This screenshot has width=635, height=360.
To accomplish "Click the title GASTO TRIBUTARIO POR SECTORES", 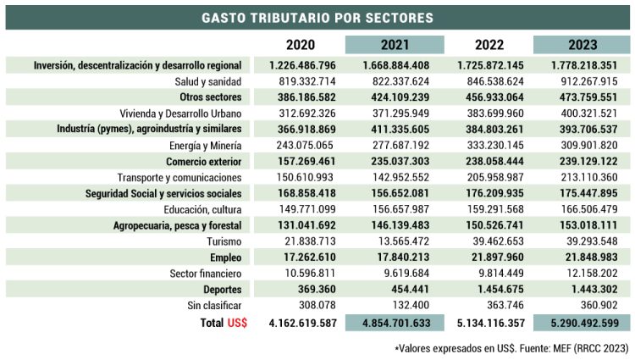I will click(317, 17).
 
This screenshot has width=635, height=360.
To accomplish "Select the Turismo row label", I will click(224, 241).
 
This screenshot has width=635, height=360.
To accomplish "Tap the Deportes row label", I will click(221, 290).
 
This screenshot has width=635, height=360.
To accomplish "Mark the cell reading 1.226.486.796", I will click(302, 65).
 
